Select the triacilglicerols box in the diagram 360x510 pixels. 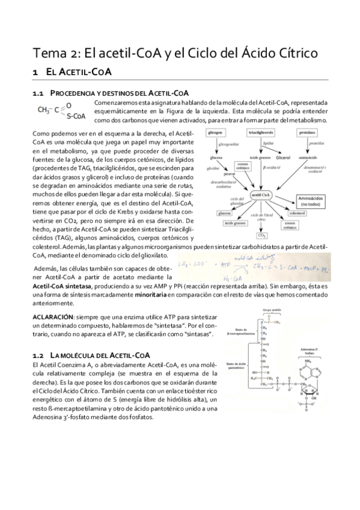pyautogui.click(x=260, y=132)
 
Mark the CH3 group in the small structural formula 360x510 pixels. pyautogui.click(x=43, y=110)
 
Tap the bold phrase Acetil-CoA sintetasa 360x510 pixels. pyautogui.click(x=63, y=286)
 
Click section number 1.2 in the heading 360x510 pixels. pyautogui.click(x=38, y=355)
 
